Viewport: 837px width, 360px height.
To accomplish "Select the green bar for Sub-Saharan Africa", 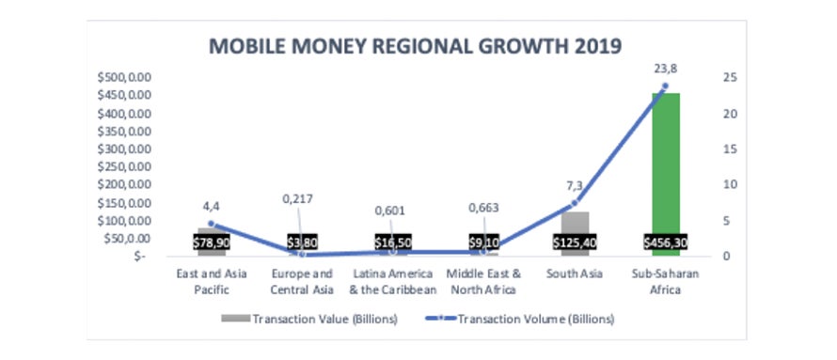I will pyautogui.click(x=665, y=160).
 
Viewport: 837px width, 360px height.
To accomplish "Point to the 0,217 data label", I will pyautogui.click(x=302, y=199).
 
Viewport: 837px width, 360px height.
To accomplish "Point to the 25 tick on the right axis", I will pyautogui.click(x=725, y=77).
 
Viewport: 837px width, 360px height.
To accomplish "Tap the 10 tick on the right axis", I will pyautogui.click(x=725, y=184).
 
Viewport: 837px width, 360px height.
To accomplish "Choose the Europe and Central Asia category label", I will pyautogui.click(x=302, y=281).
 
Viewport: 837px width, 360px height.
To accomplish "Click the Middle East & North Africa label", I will pyautogui.click(x=483, y=281).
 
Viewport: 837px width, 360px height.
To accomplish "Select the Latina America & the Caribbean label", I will pyautogui.click(x=392, y=281).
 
